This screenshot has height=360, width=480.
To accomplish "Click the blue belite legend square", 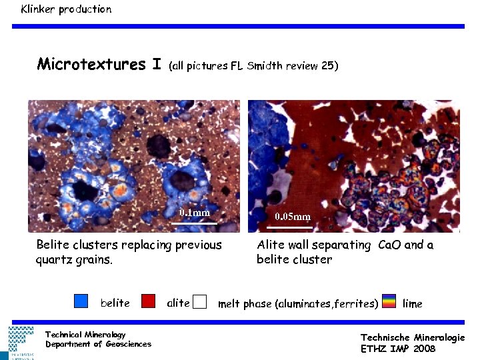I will click(x=81, y=301).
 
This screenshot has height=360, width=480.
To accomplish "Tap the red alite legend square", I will click(x=149, y=301).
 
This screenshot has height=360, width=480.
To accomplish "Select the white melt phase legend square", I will click(x=199, y=303).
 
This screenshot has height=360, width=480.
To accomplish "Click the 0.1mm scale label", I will click(x=195, y=213).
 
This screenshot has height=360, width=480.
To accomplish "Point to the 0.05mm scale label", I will click(x=293, y=217).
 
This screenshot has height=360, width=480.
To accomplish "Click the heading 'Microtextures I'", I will click(x=99, y=64).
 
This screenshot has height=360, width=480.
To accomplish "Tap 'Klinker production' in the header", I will click(x=66, y=9).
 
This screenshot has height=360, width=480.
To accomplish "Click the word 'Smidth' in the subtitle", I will click(x=265, y=66).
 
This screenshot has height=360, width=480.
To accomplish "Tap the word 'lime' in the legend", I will click(x=413, y=303).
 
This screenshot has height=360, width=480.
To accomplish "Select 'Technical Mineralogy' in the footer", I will click(x=85, y=334).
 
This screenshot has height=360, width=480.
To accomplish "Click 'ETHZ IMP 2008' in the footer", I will click(x=398, y=349).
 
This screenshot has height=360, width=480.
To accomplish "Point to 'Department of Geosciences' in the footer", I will click(x=98, y=344).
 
